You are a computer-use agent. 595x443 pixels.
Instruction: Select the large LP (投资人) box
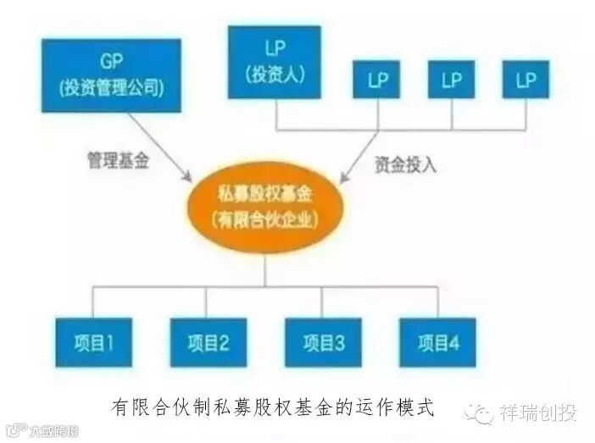point(274,62)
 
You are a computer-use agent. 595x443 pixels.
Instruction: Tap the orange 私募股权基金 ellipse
point(266,208)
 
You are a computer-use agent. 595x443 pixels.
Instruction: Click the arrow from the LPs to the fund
point(360,158)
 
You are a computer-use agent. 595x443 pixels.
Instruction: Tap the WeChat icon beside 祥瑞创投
point(482,413)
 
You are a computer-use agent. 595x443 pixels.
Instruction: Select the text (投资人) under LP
point(274,74)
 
